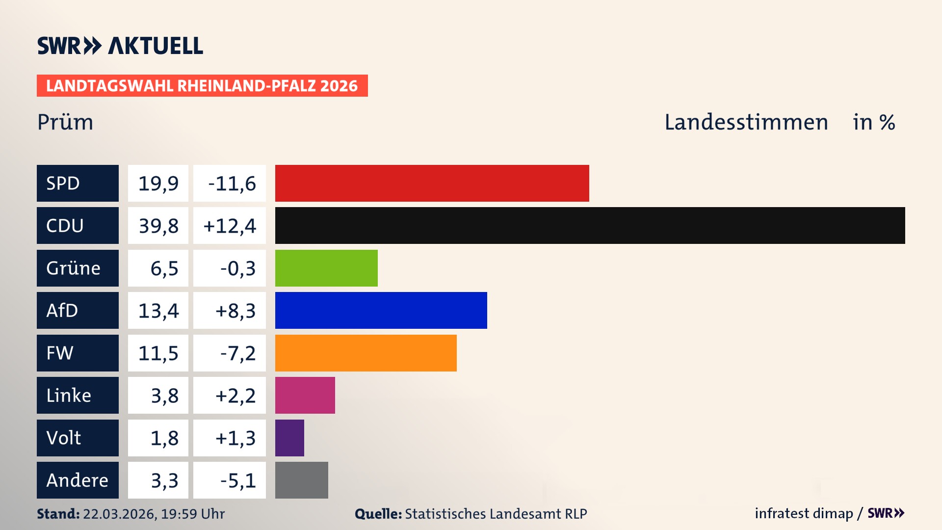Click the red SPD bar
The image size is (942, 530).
point(432,183)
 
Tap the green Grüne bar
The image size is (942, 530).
point(326,268)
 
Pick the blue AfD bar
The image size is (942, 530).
point(381,310)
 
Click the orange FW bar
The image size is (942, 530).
point(366,353)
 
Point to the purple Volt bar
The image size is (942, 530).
point(289,438)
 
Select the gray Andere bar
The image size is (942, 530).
point(301,480)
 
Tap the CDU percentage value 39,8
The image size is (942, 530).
point(158,226)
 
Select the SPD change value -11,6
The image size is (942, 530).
point(232,184)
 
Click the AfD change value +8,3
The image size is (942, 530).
point(235,311)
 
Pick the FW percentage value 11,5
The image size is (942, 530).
point(158,353)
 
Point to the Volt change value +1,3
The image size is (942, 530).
point(235,438)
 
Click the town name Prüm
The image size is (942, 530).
point(65,122)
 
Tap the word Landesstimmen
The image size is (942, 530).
point(746,122)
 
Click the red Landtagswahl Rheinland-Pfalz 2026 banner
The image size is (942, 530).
point(202,86)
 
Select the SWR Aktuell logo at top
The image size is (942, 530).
point(120,46)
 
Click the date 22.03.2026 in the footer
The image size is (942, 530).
point(119,514)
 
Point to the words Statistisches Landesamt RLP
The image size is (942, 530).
point(496,514)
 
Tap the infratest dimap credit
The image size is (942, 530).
point(804,513)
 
